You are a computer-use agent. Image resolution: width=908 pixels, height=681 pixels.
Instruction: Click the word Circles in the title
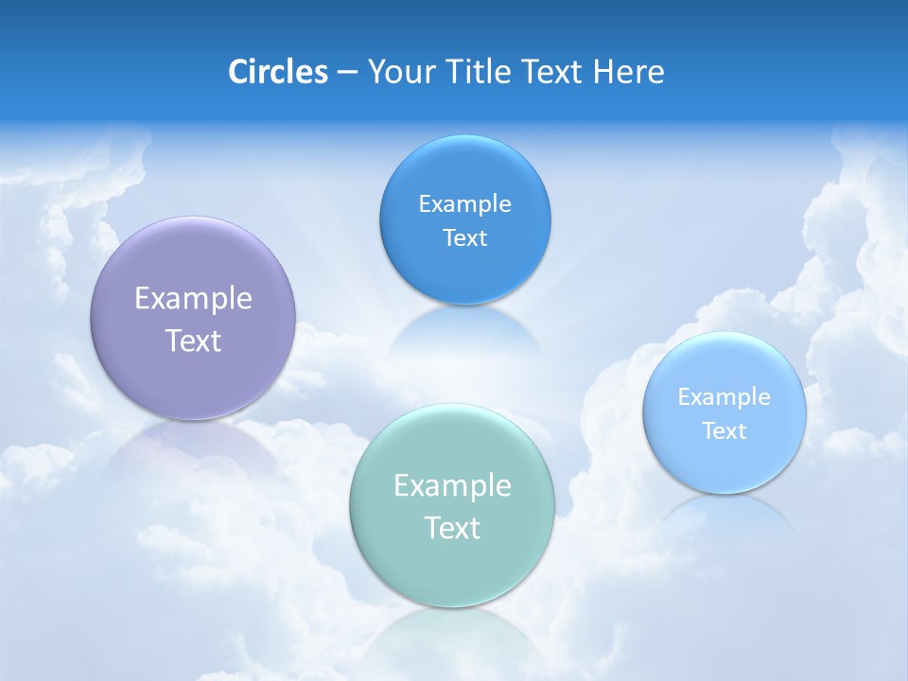click(x=278, y=71)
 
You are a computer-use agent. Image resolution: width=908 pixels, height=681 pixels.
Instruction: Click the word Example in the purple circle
click(x=193, y=298)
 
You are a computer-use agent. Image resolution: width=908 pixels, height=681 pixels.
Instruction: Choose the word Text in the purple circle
click(x=193, y=340)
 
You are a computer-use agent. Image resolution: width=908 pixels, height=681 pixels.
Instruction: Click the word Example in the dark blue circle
click(x=464, y=203)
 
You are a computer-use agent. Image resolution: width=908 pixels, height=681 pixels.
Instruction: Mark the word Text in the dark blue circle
click(x=464, y=237)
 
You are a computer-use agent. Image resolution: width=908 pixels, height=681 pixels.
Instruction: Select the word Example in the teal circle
click(x=452, y=485)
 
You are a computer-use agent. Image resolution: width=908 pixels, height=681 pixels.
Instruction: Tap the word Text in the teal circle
click(x=452, y=528)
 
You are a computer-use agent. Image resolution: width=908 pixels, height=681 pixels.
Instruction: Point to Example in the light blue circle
click(x=725, y=396)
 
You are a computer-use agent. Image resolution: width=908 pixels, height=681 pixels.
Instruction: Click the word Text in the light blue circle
click(x=725, y=430)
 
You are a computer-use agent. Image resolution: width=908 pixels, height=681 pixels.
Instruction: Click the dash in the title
click(x=346, y=71)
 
